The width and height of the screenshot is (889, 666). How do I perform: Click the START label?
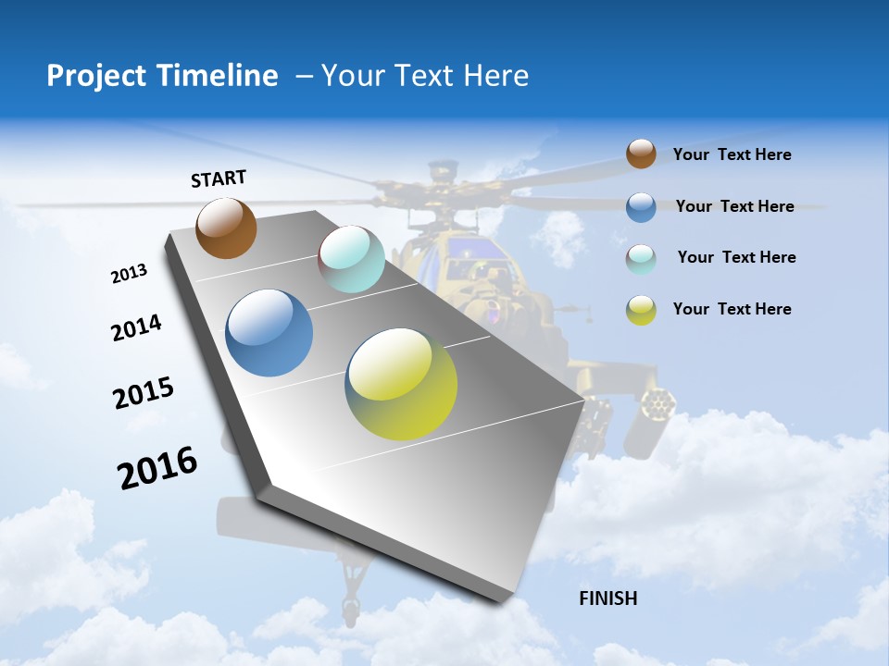click(x=219, y=179)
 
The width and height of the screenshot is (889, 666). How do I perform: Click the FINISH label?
click(x=607, y=598)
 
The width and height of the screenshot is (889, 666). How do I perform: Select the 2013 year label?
click(x=129, y=274)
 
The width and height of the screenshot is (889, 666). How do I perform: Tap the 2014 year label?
click(x=136, y=327)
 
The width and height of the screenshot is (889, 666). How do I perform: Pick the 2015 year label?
click(x=144, y=393)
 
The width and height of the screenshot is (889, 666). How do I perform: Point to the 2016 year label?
click(x=157, y=467)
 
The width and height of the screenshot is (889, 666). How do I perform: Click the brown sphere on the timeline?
click(x=226, y=228)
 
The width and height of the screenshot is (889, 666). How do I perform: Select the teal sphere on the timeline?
click(x=351, y=259)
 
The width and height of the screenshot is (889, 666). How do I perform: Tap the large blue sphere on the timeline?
click(x=269, y=332)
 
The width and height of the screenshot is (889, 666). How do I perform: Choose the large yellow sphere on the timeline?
click(x=401, y=383)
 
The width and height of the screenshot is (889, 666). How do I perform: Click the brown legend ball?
click(x=641, y=154)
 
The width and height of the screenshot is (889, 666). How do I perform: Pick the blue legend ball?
click(x=641, y=207)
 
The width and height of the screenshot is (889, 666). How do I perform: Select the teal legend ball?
click(x=641, y=259)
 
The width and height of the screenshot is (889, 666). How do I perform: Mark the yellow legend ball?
click(x=641, y=310)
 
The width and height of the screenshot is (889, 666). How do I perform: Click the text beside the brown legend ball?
click(x=732, y=154)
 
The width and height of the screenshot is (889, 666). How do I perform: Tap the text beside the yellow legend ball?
click(x=732, y=309)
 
